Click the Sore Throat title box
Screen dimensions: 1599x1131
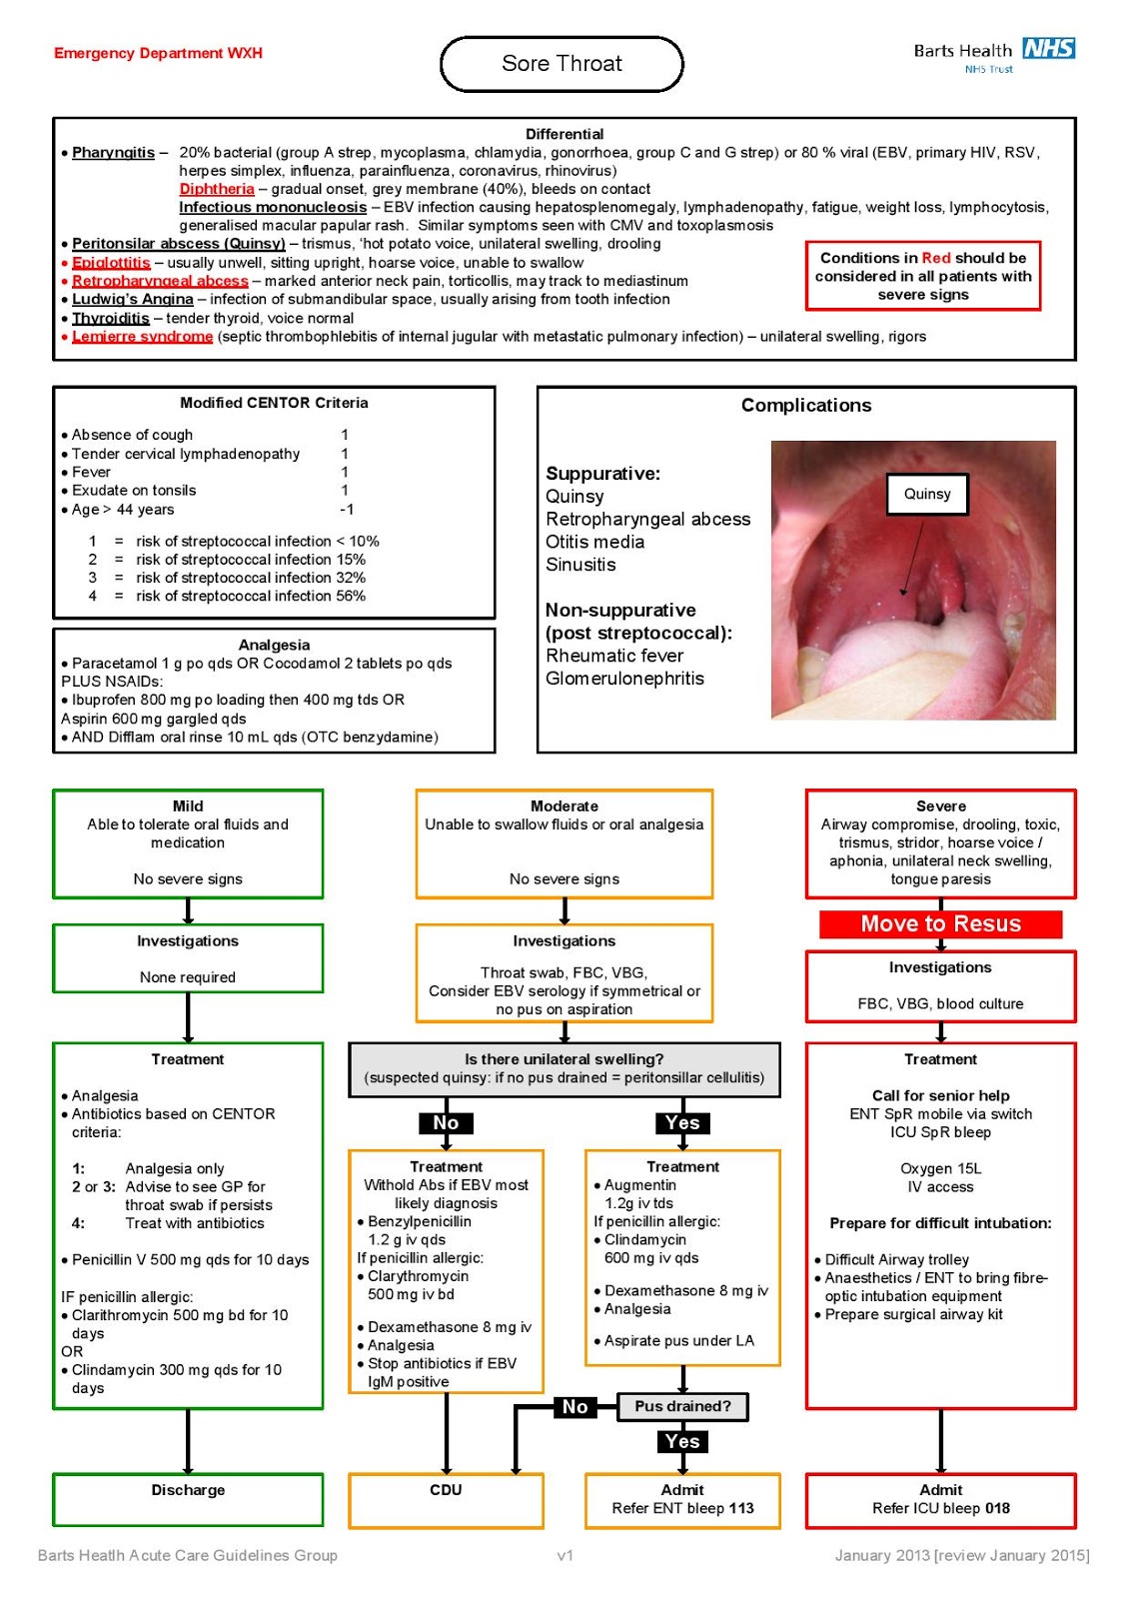point(562,64)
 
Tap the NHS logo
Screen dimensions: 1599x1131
point(1048,48)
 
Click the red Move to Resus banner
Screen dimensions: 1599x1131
point(940,923)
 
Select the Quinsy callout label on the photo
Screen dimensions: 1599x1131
point(927,494)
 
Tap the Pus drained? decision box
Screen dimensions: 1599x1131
point(682,1406)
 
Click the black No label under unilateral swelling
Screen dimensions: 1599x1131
point(446,1123)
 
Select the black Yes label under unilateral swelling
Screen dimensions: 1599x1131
point(682,1123)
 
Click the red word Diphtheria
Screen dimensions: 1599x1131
point(217,189)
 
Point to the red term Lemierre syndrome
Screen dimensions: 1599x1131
point(142,337)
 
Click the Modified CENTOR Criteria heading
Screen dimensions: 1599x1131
point(274,403)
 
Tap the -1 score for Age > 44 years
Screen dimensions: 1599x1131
point(346,509)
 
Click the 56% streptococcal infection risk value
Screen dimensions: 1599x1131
point(351,596)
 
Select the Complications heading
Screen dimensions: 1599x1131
point(805,405)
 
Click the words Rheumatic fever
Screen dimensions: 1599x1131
point(614,656)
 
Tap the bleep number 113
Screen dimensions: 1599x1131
point(740,1508)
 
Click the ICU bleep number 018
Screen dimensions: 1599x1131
point(996,1508)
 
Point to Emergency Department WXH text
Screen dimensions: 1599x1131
point(158,53)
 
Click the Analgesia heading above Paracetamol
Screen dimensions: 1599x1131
point(274,645)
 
